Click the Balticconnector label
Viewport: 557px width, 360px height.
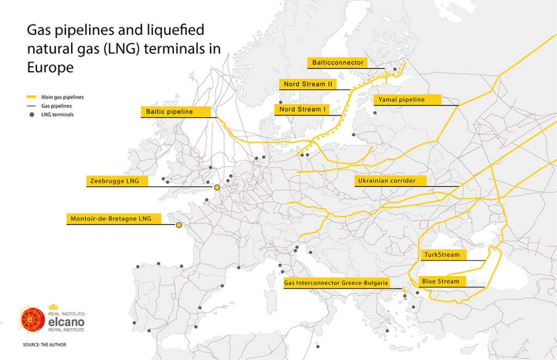[337, 63]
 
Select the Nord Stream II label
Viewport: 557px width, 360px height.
[307, 84]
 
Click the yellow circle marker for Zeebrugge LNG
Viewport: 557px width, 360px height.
[216, 188]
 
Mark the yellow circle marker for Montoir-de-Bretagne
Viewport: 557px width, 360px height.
[178, 225]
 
